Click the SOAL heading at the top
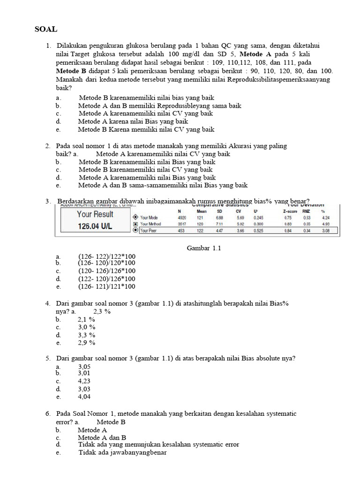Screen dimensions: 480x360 click(x=46, y=29)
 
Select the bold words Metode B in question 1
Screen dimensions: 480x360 click(x=71, y=71)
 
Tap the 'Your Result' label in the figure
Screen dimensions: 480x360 click(x=95, y=214)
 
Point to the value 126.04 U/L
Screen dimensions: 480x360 click(x=95, y=226)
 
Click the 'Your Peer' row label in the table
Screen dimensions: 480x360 click(x=150, y=231)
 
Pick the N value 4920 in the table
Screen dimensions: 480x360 click(x=182, y=217)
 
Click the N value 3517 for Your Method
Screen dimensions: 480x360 click(x=182, y=224)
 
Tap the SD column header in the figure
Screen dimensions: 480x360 click(x=219, y=211)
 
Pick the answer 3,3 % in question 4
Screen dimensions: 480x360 click(x=87, y=335)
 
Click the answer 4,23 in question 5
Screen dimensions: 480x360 click(x=84, y=381)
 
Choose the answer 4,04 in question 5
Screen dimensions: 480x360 click(x=84, y=397)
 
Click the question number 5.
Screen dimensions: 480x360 click(x=48, y=359)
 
